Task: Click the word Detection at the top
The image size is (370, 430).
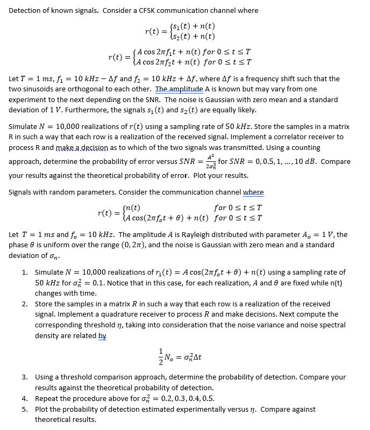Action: (x=26, y=10)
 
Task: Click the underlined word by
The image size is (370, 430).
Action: (x=102, y=335)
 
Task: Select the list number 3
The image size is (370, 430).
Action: (x=24, y=377)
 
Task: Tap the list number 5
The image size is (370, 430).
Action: (x=24, y=409)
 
